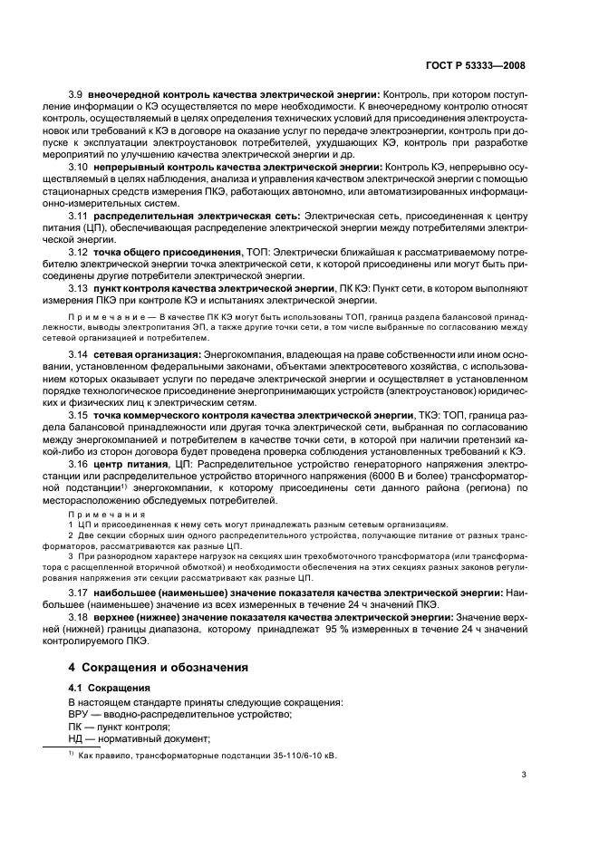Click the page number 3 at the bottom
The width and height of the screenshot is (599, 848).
(x=524, y=774)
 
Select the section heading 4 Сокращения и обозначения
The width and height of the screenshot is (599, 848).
(x=159, y=666)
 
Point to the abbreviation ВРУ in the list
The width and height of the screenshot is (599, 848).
(x=81, y=714)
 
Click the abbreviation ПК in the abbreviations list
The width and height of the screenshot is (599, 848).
(x=76, y=727)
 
